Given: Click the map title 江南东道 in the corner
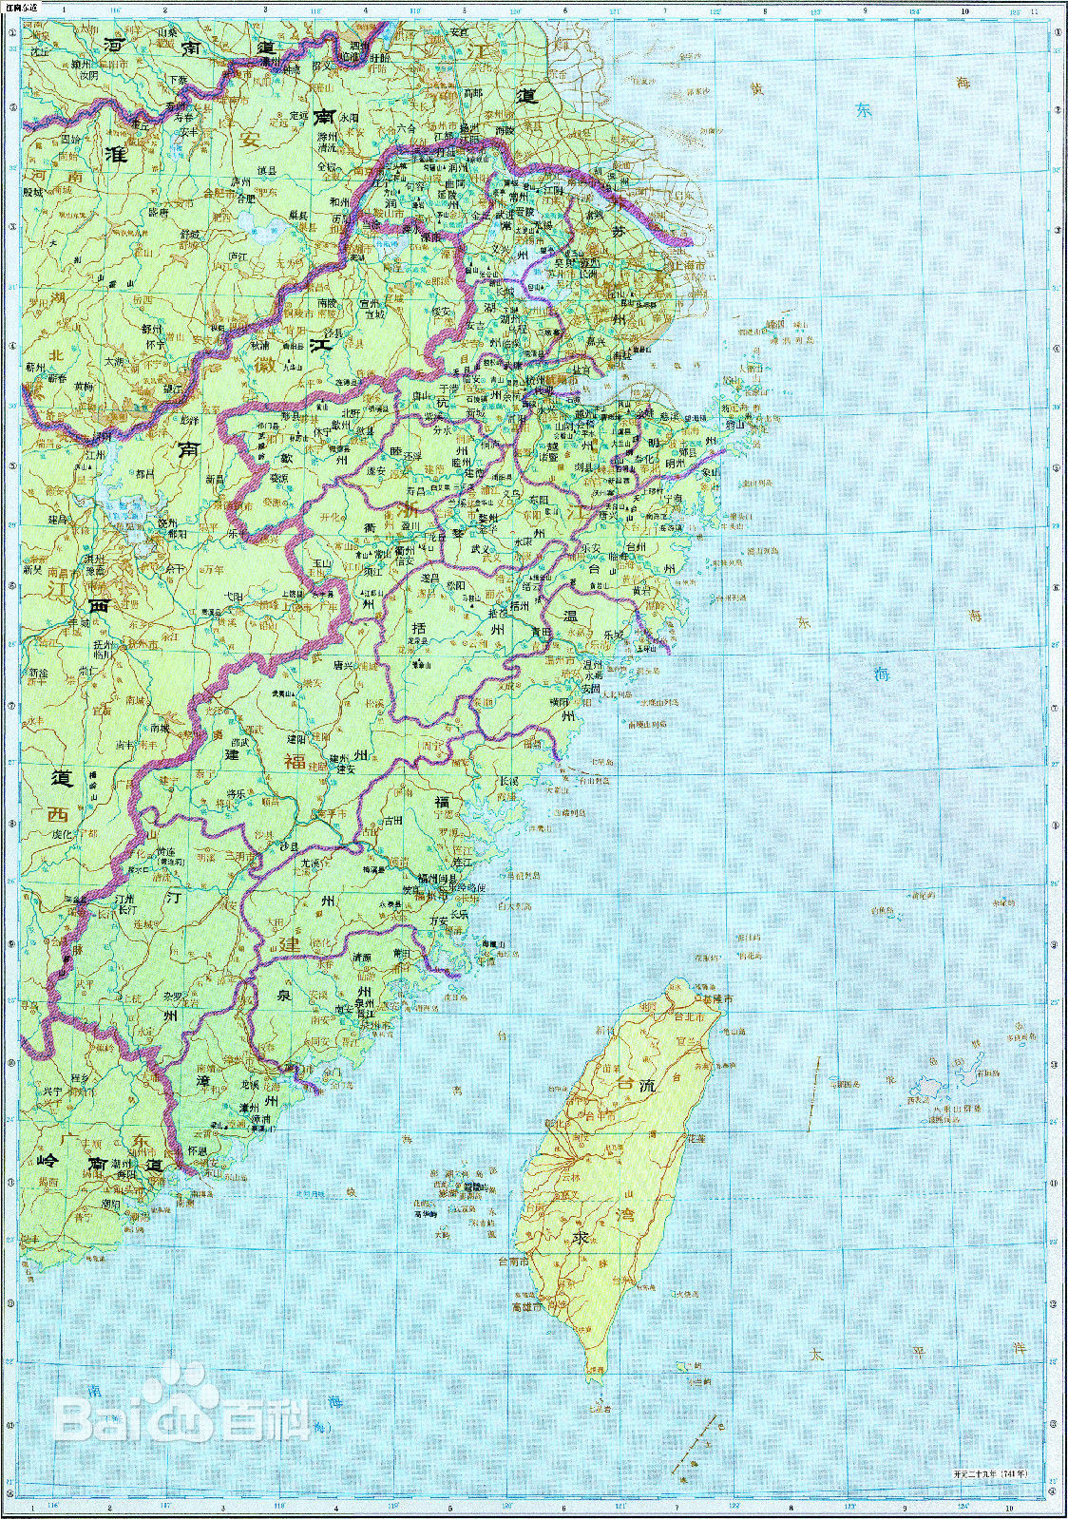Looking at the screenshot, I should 21,8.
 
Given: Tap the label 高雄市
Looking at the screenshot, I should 528,1307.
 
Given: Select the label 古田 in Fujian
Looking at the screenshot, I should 393,819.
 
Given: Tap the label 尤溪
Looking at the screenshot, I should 311,864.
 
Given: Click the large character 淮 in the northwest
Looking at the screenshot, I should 117,154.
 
